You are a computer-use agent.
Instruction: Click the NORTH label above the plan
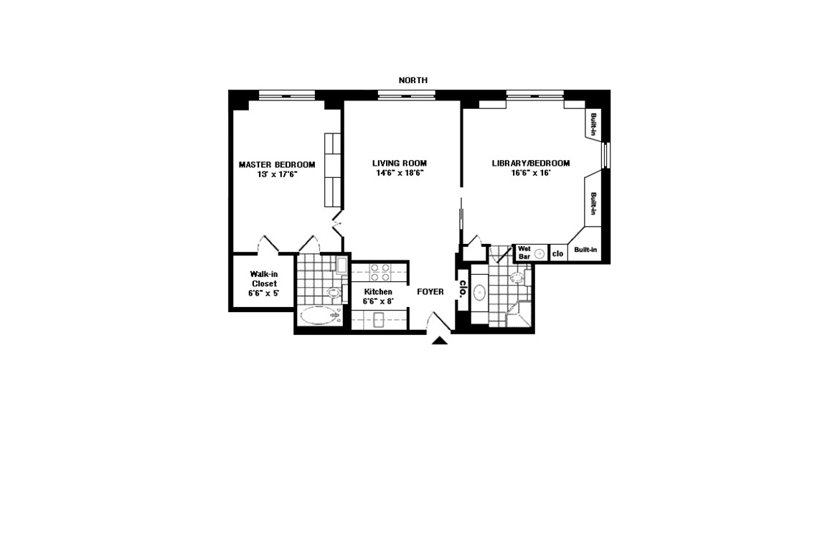point(413,80)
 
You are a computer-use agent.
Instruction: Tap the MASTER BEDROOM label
point(278,164)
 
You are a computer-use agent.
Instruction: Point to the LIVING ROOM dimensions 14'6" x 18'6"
point(400,173)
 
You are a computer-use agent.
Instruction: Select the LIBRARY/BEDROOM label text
point(531,163)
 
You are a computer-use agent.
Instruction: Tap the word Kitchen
point(378,291)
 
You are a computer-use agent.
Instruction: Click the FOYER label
point(430,291)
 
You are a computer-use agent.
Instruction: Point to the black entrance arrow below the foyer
point(440,340)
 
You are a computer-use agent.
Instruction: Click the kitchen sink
point(379,320)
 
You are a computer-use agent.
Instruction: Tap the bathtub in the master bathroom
point(321,316)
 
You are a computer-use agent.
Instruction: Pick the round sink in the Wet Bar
point(539,253)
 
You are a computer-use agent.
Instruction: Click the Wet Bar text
point(524,253)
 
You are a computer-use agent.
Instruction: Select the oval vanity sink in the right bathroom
point(479,293)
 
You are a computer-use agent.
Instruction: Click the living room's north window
point(406,95)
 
